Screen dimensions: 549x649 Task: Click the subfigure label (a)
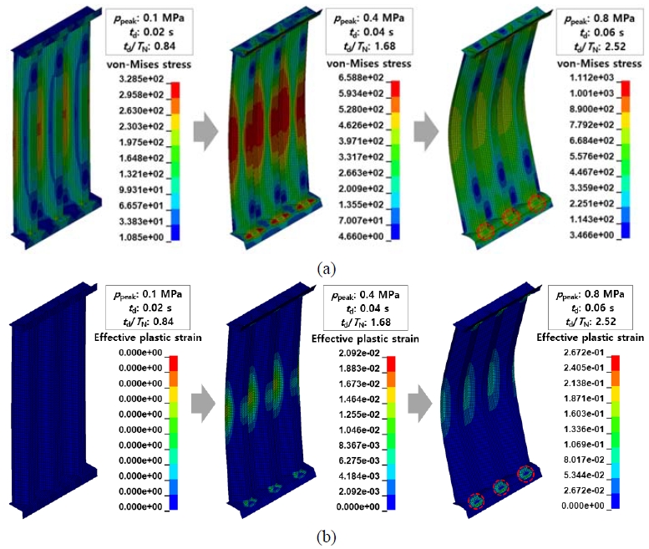[326, 268]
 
